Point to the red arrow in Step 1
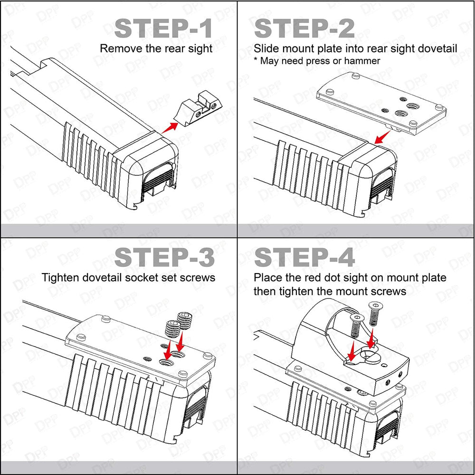170,127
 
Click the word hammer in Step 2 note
362,61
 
